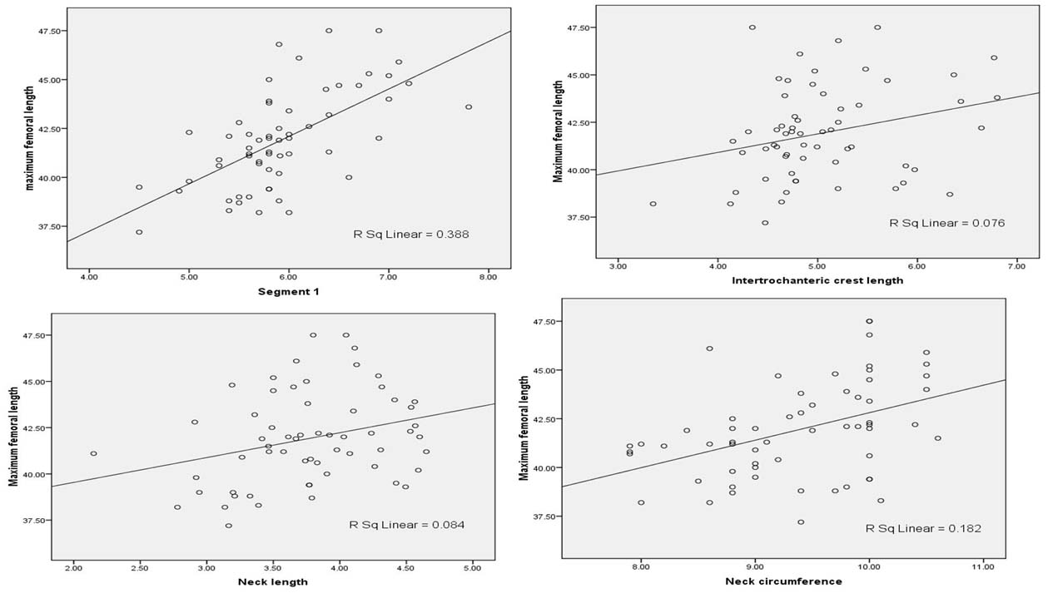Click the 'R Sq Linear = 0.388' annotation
411,235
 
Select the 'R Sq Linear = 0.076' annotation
947,223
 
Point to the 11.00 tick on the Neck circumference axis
983,567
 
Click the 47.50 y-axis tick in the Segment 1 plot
45,31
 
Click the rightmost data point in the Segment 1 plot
469,107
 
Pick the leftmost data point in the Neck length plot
93,453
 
